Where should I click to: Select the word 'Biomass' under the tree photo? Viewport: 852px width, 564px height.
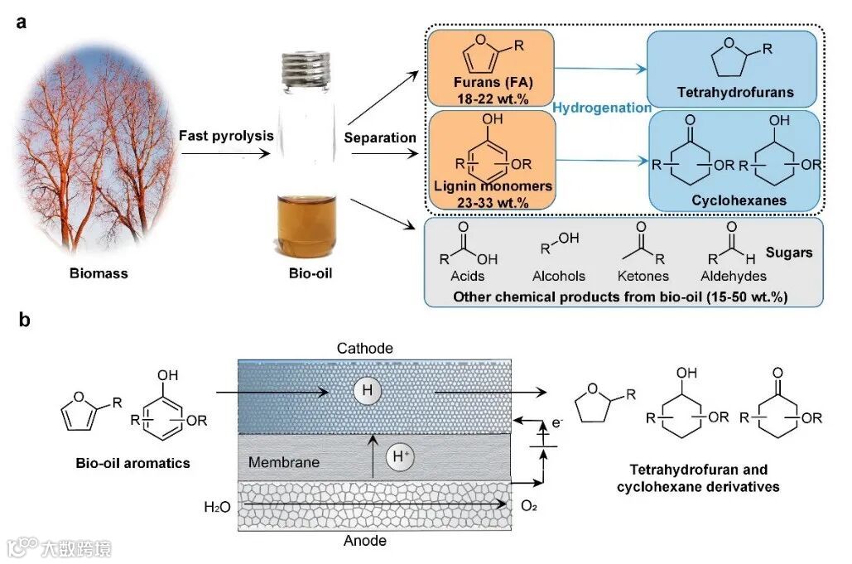[x=98, y=272]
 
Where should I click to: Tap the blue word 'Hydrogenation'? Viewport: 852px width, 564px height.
[x=601, y=108]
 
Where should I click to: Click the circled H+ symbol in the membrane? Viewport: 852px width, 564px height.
[x=401, y=456]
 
